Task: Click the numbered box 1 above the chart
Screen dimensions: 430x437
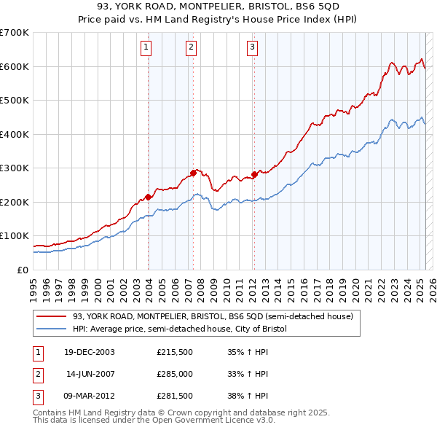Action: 146,48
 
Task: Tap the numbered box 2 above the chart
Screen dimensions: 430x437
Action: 191,48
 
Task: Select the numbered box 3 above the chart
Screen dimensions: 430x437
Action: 252,48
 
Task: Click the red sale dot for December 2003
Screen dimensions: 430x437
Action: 148,197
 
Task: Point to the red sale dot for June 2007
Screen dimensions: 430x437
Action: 193,173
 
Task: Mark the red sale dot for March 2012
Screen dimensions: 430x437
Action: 254,174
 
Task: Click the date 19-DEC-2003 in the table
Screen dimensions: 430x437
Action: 90,351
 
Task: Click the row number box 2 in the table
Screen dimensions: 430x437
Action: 36,374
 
